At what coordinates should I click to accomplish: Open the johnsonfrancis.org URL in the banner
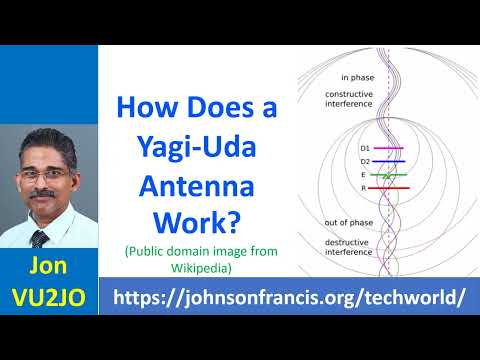pos(290,297)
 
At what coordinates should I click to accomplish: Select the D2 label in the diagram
pos(337,160)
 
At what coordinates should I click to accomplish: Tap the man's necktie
pos(39,239)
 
